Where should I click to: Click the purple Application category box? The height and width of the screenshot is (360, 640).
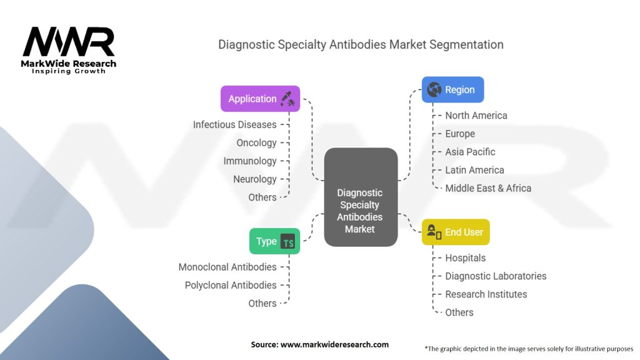pyautogui.click(x=260, y=99)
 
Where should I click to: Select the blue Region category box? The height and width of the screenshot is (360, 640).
pyautogui.click(x=452, y=89)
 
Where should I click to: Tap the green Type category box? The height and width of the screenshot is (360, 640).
pyautogui.click(x=274, y=241)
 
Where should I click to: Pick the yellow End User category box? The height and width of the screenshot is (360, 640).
pyautogui.click(x=455, y=232)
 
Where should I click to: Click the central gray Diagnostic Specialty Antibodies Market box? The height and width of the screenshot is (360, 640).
pyautogui.click(x=360, y=197)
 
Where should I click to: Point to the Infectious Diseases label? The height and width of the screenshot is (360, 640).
pyautogui.click(x=234, y=124)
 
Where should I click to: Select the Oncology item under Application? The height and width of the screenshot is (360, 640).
pyautogui.click(x=256, y=142)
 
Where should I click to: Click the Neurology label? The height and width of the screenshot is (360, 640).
pyautogui.click(x=254, y=179)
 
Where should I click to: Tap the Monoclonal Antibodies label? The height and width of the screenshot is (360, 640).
pyautogui.click(x=227, y=267)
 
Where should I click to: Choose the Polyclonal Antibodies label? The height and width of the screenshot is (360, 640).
pyautogui.click(x=231, y=285)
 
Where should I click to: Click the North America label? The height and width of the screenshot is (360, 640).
pyautogui.click(x=476, y=116)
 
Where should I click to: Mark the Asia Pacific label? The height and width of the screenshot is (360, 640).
pyautogui.click(x=470, y=152)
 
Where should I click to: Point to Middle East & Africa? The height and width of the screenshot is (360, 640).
pyautogui.click(x=488, y=188)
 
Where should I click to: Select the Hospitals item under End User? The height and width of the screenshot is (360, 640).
pyautogui.click(x=465, y=258)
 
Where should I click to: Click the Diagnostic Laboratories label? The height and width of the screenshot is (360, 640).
pyautogui.click(x=496, y=276)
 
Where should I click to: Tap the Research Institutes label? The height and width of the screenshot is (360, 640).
pyautogui.click(x=486, y=294)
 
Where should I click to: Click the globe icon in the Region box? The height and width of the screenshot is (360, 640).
pyautogui.click(x=434, y=89)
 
